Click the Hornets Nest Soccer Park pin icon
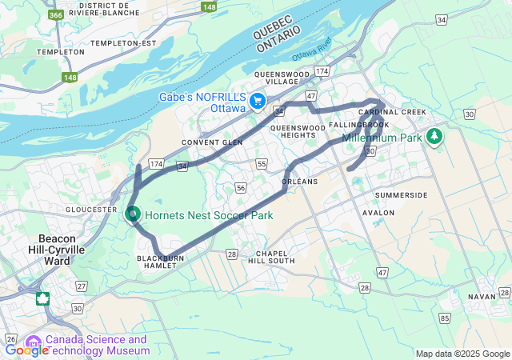coord(134,214)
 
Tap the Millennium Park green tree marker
coord(434,137)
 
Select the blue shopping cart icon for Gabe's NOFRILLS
coord(258,102)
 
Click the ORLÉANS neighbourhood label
coord(301,182)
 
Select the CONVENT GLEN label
coord(212,142)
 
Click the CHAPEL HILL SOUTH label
coord(270,256)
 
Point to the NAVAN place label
coord(482,296)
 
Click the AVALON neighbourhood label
coord(378,213)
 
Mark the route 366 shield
coord(56,14)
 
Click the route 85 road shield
coord(444,319)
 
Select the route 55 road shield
coord(262,164)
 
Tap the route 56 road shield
coord(241,187)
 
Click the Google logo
coord(26,350)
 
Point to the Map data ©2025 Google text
coord(462,354)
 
